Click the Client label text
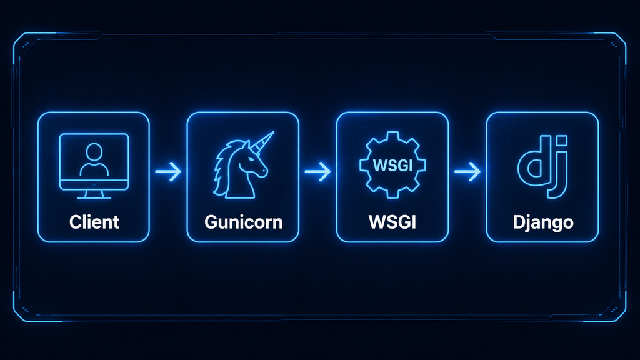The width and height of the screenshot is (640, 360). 94,222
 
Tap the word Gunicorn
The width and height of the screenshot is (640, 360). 243,222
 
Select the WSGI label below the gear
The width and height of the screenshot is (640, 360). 392,222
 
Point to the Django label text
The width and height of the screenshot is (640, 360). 543,223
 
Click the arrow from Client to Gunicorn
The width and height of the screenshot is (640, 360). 168,171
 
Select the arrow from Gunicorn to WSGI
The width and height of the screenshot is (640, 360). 317,171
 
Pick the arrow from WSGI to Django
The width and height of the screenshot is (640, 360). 467,171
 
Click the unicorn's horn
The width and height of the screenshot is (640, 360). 262,141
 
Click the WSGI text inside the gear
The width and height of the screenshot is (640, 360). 392,165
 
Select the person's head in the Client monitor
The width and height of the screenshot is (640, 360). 94,151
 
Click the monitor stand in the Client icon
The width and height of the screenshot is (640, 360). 94,194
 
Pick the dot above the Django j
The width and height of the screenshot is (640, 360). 562,141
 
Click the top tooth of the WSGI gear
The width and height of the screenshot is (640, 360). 392,136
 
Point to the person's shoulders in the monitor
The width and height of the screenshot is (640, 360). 94,170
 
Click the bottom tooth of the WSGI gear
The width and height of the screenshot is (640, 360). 392,194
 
